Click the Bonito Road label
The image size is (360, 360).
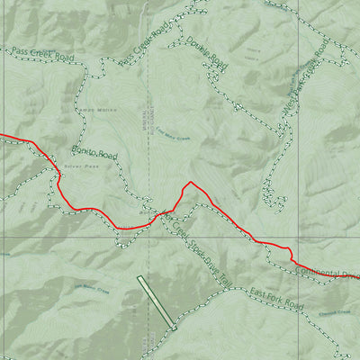(94, 155)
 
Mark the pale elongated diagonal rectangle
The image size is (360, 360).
(156, 303)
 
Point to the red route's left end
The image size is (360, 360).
(2, 136)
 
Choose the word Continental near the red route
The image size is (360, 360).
(315, 272)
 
